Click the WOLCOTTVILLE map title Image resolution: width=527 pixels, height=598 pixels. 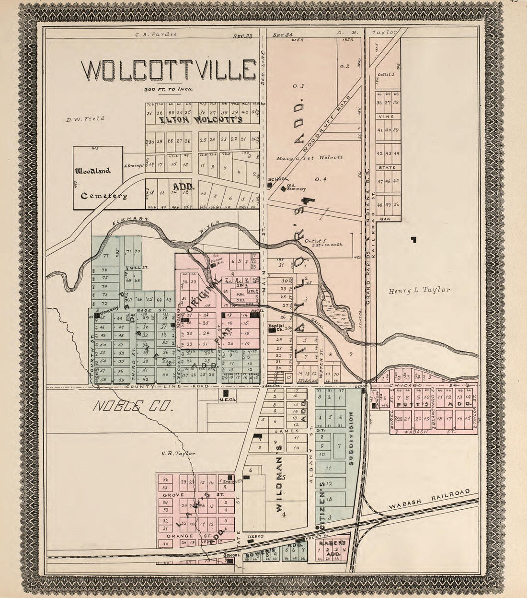pos(168,70)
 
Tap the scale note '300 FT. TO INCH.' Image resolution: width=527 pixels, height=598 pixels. pos(168,89)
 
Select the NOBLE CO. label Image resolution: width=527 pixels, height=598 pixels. pos(132,407)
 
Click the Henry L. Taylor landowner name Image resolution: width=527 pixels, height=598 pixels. pos(419,290)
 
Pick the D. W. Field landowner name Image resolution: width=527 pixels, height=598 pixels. pos(86,118)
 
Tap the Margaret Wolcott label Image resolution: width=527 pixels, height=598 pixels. pos(309,158)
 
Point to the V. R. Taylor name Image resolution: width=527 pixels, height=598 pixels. pos(179,453)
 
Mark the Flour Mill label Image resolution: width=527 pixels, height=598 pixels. pos(219,262)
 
